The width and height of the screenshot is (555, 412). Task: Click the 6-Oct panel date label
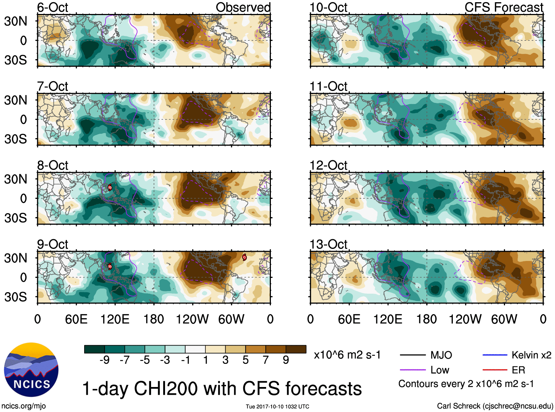click(53, 7)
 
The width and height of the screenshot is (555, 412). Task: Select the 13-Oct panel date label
click(328, 244)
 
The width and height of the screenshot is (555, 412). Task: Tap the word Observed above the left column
click(243, 7)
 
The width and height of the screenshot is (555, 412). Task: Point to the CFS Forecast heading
click(504, 7)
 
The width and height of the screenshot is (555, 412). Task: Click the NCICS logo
click(31, 370)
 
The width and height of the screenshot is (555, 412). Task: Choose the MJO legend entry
click(441, 355)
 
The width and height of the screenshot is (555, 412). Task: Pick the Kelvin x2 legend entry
click(531, 355)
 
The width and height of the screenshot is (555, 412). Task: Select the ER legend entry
click(518, 370)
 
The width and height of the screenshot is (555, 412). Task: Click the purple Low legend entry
click(440, 370)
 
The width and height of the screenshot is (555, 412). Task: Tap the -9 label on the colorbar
click(104, 360)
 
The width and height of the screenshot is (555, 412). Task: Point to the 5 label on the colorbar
click(246, 360)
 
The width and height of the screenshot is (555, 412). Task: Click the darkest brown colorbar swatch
click(296, 349)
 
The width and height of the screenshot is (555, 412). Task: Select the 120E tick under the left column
click(115, 319)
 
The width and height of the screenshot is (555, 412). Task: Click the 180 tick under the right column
click(426, 319)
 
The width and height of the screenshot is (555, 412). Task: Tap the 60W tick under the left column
click(231, 319)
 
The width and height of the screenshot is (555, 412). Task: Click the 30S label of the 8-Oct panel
click(15, 218)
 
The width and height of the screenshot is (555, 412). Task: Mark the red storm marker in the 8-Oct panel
click(110, 187)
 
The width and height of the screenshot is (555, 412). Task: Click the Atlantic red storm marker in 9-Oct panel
click(244, 257)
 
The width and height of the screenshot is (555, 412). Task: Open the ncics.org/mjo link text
click(24, 406)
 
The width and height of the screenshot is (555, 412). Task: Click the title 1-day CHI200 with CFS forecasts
click(222, 388)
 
